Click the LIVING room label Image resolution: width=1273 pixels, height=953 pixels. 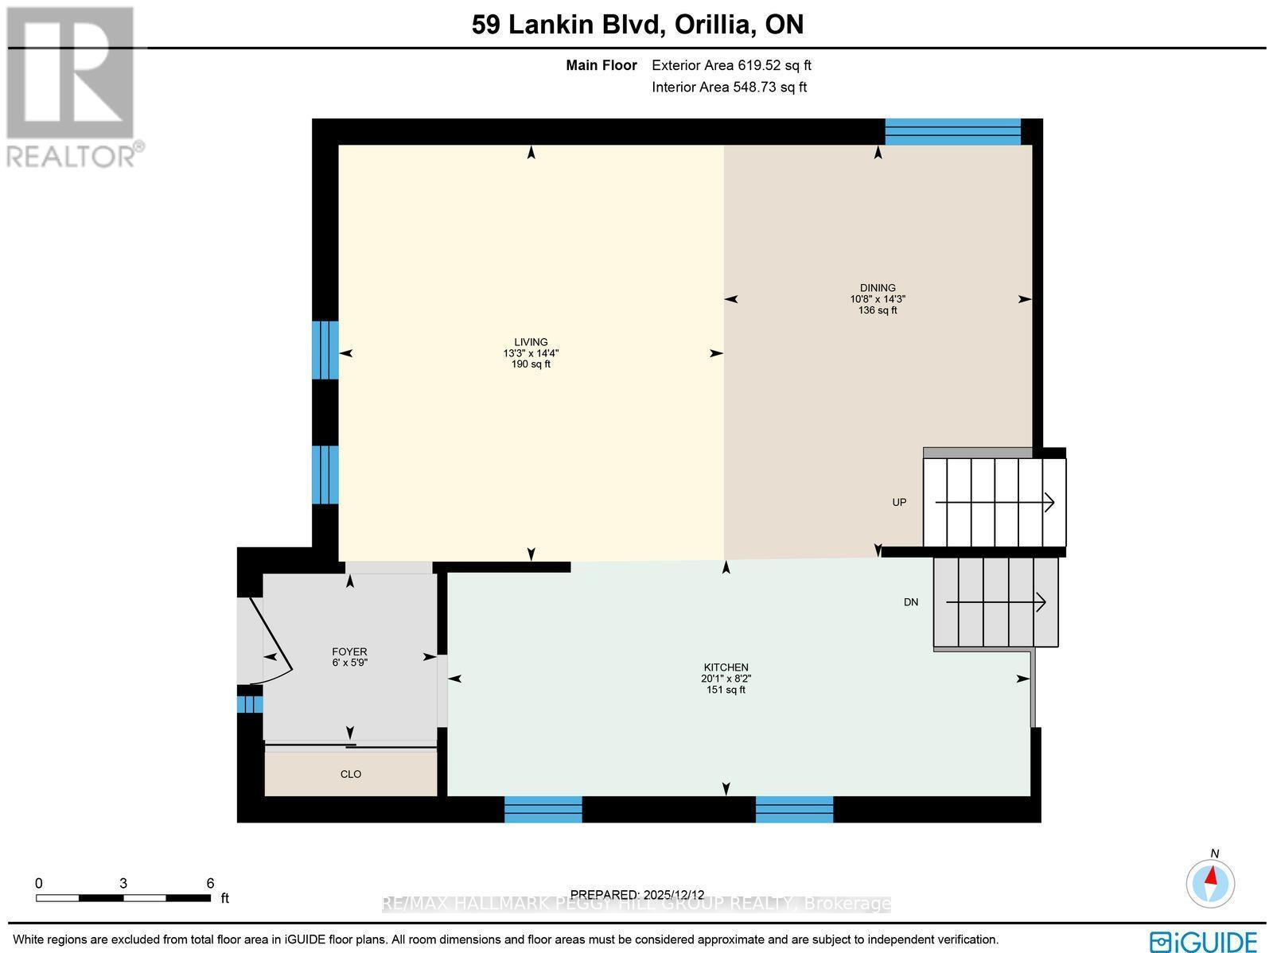(x=531, y=342)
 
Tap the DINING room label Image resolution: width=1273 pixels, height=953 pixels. (x=878, y=288)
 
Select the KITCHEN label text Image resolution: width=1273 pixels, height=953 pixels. (x=726, y=667)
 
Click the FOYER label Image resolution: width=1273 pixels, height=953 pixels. (x=349, y=652)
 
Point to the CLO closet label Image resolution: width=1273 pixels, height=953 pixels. (x=351, y=774)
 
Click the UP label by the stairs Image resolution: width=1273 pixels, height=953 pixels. (x=899, y=502)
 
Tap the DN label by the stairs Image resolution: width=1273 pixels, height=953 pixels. (x=911, y=602)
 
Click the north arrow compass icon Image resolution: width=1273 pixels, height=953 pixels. (x=1210, y=881)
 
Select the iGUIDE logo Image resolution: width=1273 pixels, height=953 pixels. (x=1204, y=940)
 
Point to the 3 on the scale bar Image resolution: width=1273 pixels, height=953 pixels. (x=123, y=883)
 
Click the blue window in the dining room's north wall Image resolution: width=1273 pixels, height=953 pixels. (x=952, y=132)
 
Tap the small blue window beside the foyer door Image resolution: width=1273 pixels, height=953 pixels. (x=250, y=705)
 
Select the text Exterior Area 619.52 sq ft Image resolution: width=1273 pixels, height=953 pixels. (x=731, y=66)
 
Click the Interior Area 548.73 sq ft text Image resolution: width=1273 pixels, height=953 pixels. (x=729, y=88)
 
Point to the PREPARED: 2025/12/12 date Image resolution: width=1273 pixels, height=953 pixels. (x=638, y=895)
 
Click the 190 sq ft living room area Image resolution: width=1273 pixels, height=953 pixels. (x=531, y=364)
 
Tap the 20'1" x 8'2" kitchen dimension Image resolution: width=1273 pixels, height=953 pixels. (x=726, y=679)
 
